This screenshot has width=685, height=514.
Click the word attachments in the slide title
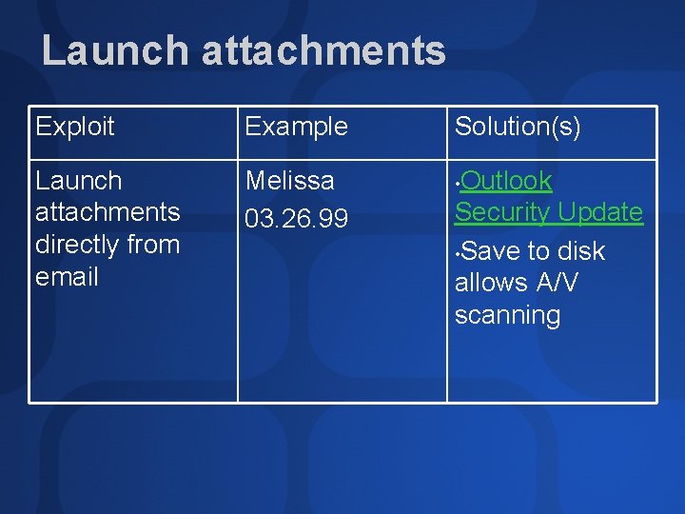[x=323, y=51]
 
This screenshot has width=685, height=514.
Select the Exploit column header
[x=75, y=127]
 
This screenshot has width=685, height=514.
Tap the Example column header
[x=297, y=127]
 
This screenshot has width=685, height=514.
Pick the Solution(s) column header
[x=518, y=127]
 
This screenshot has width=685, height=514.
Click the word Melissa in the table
[x=290, y=181]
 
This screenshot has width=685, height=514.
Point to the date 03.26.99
[x=297, y=220]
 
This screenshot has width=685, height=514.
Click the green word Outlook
[x=509, y=181]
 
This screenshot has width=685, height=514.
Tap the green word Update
[x=601, y=212]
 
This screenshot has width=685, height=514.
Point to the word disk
[x=580, y=251]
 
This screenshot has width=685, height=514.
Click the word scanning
[x=508, y=315]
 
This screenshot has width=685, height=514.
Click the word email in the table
[x=67, y=277]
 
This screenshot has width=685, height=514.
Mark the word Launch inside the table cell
[x=79, y=181]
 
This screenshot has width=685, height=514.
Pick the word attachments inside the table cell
[x=108, y=212]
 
